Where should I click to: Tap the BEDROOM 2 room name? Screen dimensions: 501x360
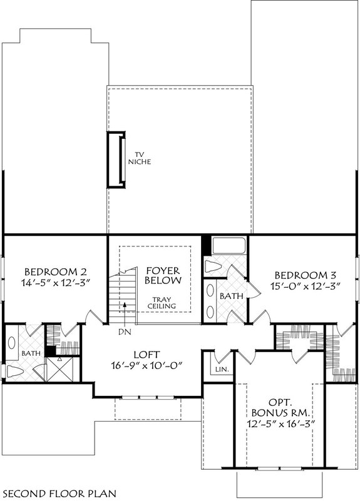[x=55, y=272]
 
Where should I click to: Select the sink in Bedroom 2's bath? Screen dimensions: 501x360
[x=13, y=343]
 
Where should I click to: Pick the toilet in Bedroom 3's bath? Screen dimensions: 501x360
[x=213, y=266]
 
